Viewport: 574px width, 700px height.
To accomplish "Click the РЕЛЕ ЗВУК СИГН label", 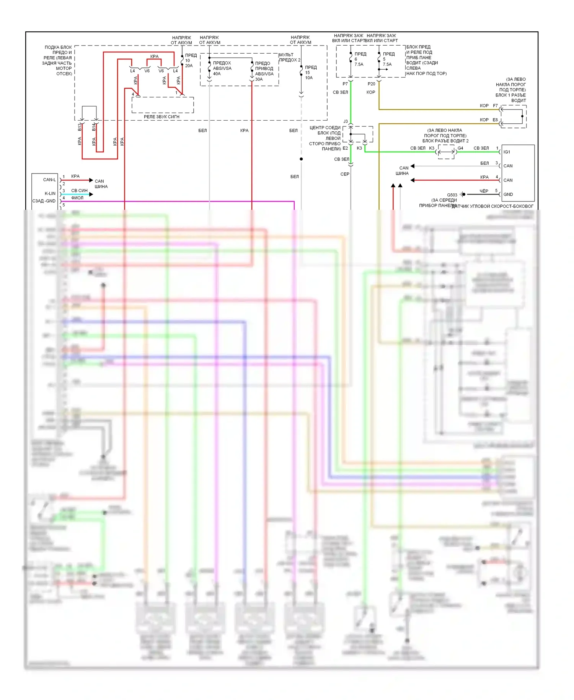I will pyautogui.click(x=161, y=116).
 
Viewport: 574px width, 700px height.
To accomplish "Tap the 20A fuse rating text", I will pyautogui.click(x=189, y=66).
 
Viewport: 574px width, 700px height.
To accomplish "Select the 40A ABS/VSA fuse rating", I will pyautogui.click(x=217, y=74).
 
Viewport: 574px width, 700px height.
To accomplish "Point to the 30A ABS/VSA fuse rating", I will pyautogui.click(x=259, y=79).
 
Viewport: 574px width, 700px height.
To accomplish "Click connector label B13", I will pyautogui.click(x=80, y=127).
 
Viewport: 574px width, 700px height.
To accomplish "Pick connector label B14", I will pyautogui.click(x=94, y=127).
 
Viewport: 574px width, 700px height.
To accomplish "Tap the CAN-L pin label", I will pyautogui.click(x=49, y=180).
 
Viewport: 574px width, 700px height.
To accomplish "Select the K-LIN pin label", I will pyautogui.click(x=50, y=193).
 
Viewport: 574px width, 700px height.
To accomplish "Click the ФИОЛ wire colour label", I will pyautogui.click(x=77, y=198).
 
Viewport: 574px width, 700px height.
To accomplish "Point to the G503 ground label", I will pyautogui.click(x=452, y=195).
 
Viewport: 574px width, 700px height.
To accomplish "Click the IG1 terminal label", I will pyautogui.click(x=507, y=152).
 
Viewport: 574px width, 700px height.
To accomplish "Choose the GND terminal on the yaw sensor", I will pyautogui.click(x=508, y=195).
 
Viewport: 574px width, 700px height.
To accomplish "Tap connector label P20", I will pyautogui.click(x=371, y=84).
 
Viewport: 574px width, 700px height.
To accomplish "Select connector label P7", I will pyautogui.click(x=345, y=84).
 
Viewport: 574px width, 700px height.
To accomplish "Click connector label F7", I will pyautogui.click(x=495, y=106).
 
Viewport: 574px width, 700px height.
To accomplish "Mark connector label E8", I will pyautogui.click(x=495, y=120).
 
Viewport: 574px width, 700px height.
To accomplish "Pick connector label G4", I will pyautogui.click(x=460, y=148).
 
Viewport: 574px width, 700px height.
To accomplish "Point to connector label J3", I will pyautogui.click(x=346, y=121).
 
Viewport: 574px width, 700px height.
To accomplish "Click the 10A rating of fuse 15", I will pyautogui.click(x=309, y=78).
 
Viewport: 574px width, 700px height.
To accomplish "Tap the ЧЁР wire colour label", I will pyautogui.click(x=484, y=191).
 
